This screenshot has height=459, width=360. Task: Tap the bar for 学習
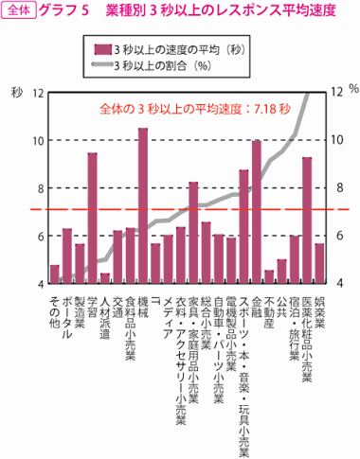pyautogui.click(x=93, y=218)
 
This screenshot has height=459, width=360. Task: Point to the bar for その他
pyautogui.click(x=55, y=274)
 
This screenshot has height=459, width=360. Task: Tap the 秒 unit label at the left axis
pyautogui.click(x=15, y=92)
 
